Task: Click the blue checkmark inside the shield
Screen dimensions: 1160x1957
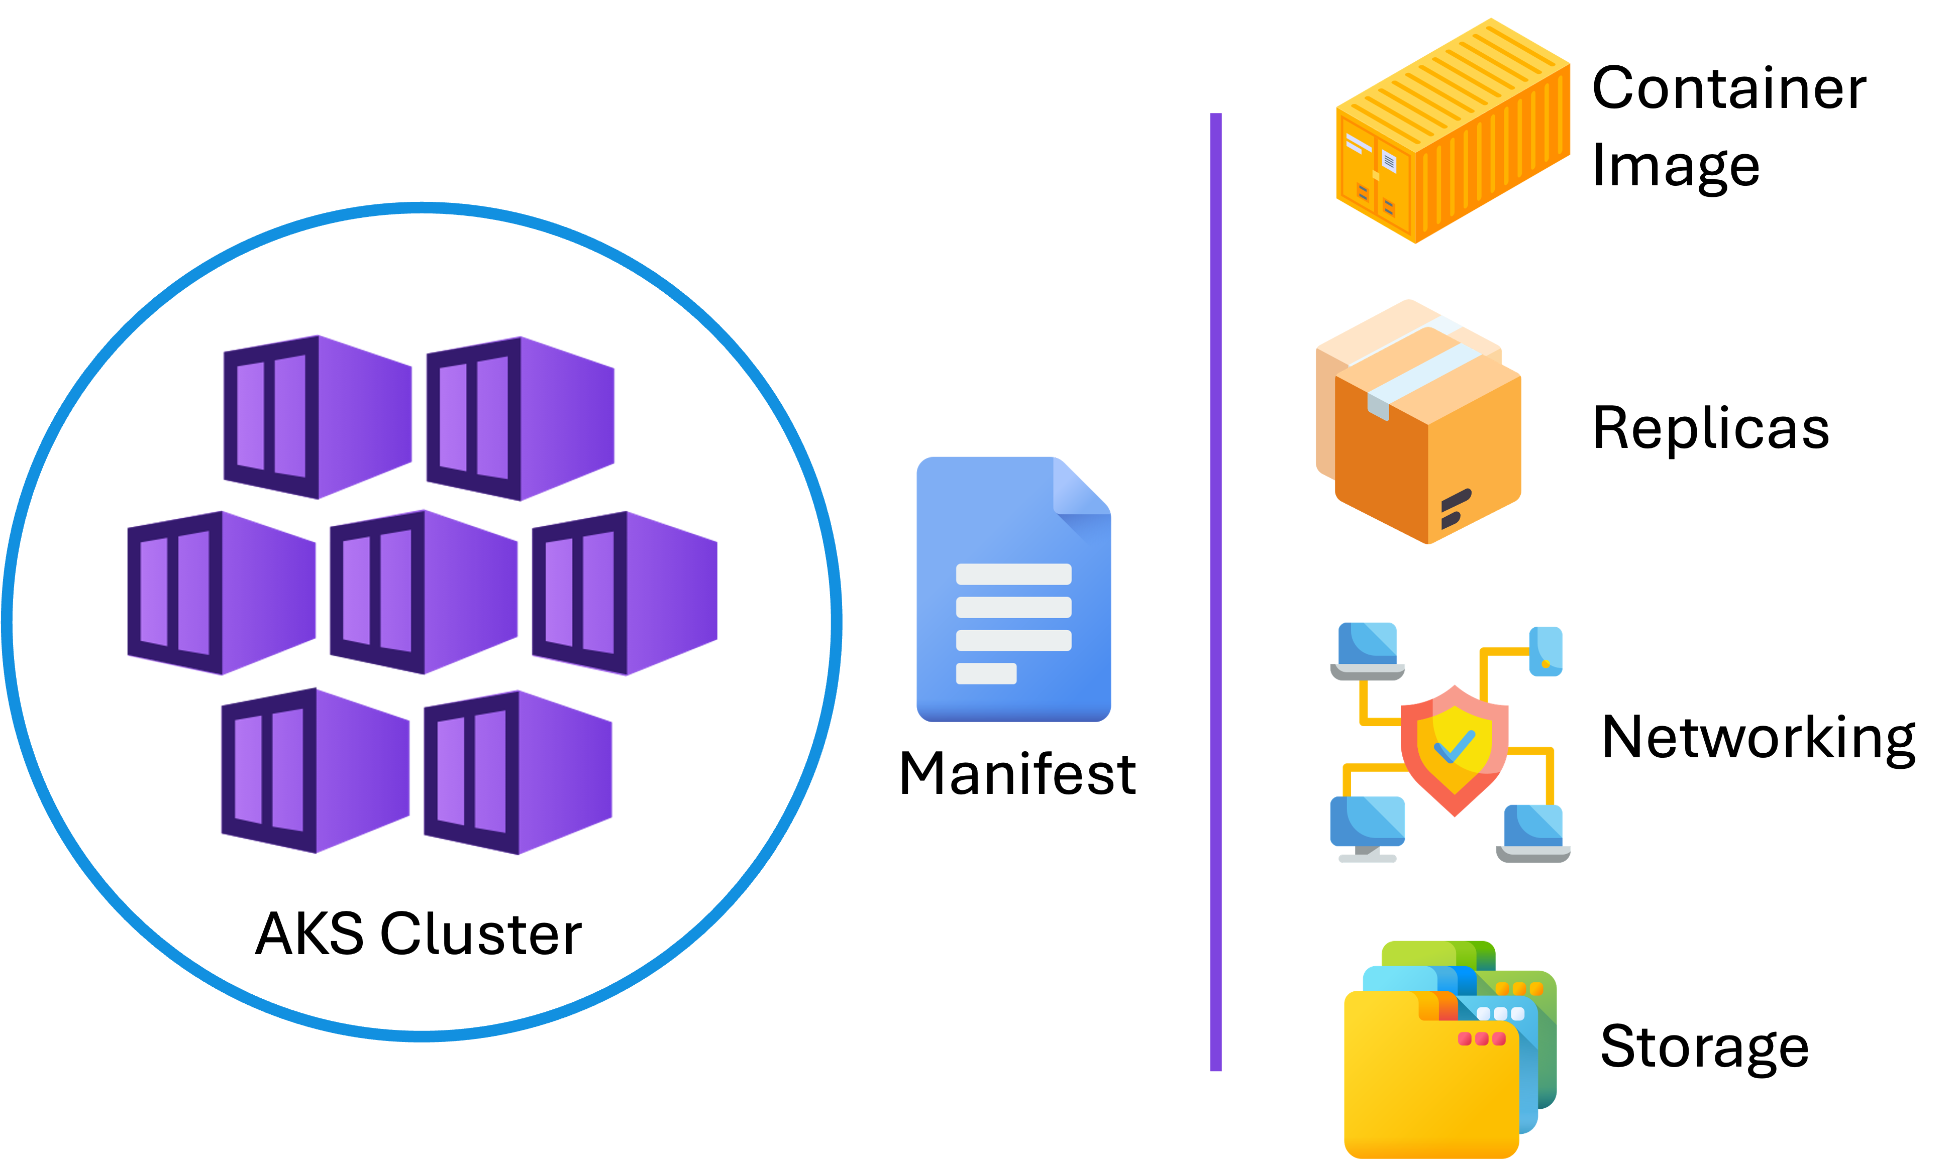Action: pyautogui.click(x=1454, y=747)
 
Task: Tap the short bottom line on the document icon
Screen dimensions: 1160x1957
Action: pyautogui.click(x=986, y=673)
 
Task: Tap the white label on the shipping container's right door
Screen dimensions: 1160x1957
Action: pyautogui.click(x=1389, y=162)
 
